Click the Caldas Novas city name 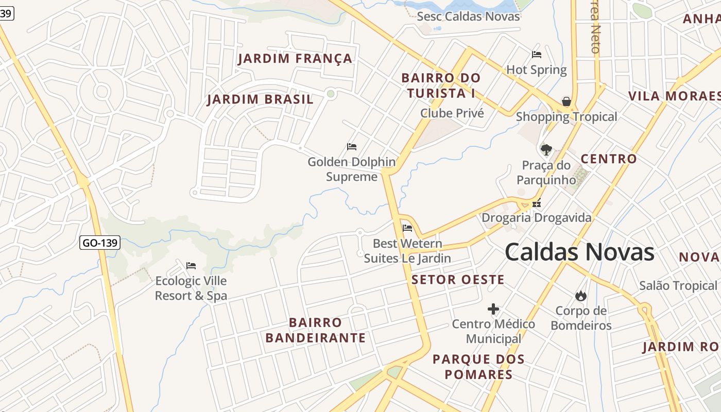tap(579, 252)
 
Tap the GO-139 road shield tap(100, 243)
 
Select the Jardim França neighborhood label tap(295, 59)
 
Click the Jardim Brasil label tap(260, 99)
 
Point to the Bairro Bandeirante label tap(315, 330)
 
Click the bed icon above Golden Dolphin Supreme tap(352, 147)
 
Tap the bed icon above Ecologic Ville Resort tap(191, 266)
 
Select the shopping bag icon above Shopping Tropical tap(566, 101)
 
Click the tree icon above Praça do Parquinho tap(546, 150)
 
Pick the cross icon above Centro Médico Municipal tap(493, 309)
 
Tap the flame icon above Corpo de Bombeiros tap(580, 296)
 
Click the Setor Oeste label tap(458, 280)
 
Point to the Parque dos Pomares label tap(478, 367)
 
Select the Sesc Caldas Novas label tap(468, 16)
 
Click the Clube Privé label tap(452, 113)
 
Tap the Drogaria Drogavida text tap(536, 218)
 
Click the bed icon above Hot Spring tap(537, 54)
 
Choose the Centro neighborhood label tap(609, 159)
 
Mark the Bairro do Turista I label tap(440, 85)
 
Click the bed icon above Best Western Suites tap(407, 228)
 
